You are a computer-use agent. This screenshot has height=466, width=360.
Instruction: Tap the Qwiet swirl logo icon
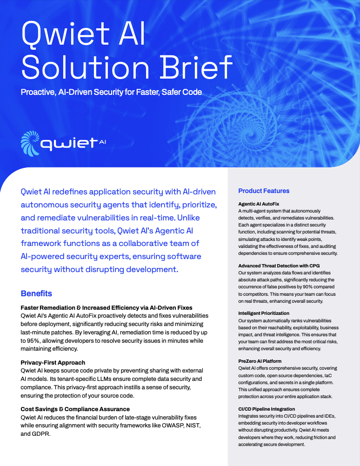(x=30, y=143)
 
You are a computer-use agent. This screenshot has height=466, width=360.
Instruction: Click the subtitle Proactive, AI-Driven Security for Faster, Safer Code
(x=111, y=92)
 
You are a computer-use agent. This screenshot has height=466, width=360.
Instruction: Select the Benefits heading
(x=36, y=293)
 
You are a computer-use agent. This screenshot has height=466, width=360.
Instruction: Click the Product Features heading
(x=264, y=191)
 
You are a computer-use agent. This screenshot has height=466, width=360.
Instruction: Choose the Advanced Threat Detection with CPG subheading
(x=279, y=266)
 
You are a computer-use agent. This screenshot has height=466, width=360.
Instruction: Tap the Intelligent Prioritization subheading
(x=264, y=313)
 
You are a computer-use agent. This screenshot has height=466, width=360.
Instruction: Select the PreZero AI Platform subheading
(x=260, y=361)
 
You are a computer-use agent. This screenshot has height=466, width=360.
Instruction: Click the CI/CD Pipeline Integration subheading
(x=267, y=409)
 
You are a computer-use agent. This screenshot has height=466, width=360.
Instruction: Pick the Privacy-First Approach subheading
(x=53, y=362)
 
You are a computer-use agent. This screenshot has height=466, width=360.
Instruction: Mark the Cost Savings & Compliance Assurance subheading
(x=75, y=409)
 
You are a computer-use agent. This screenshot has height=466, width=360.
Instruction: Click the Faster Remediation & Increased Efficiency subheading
(x=107, y=307)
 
